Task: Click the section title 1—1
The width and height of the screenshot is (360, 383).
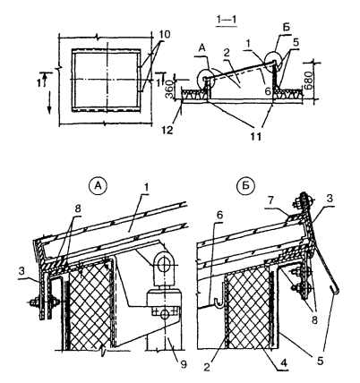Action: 227,21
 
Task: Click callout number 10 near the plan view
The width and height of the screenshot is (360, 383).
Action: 163,35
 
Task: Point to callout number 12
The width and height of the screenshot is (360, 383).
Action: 168,131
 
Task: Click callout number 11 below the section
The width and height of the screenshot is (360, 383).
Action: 254,136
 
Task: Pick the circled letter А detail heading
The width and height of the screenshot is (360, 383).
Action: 98,186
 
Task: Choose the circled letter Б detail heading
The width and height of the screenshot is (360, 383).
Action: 245,186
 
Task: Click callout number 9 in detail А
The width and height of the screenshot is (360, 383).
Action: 184,364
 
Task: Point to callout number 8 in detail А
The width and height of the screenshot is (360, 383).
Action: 78,209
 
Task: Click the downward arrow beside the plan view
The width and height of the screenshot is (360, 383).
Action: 49,102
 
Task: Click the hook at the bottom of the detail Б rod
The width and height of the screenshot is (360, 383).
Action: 336,289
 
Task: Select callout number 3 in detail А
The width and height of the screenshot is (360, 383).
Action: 21,272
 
